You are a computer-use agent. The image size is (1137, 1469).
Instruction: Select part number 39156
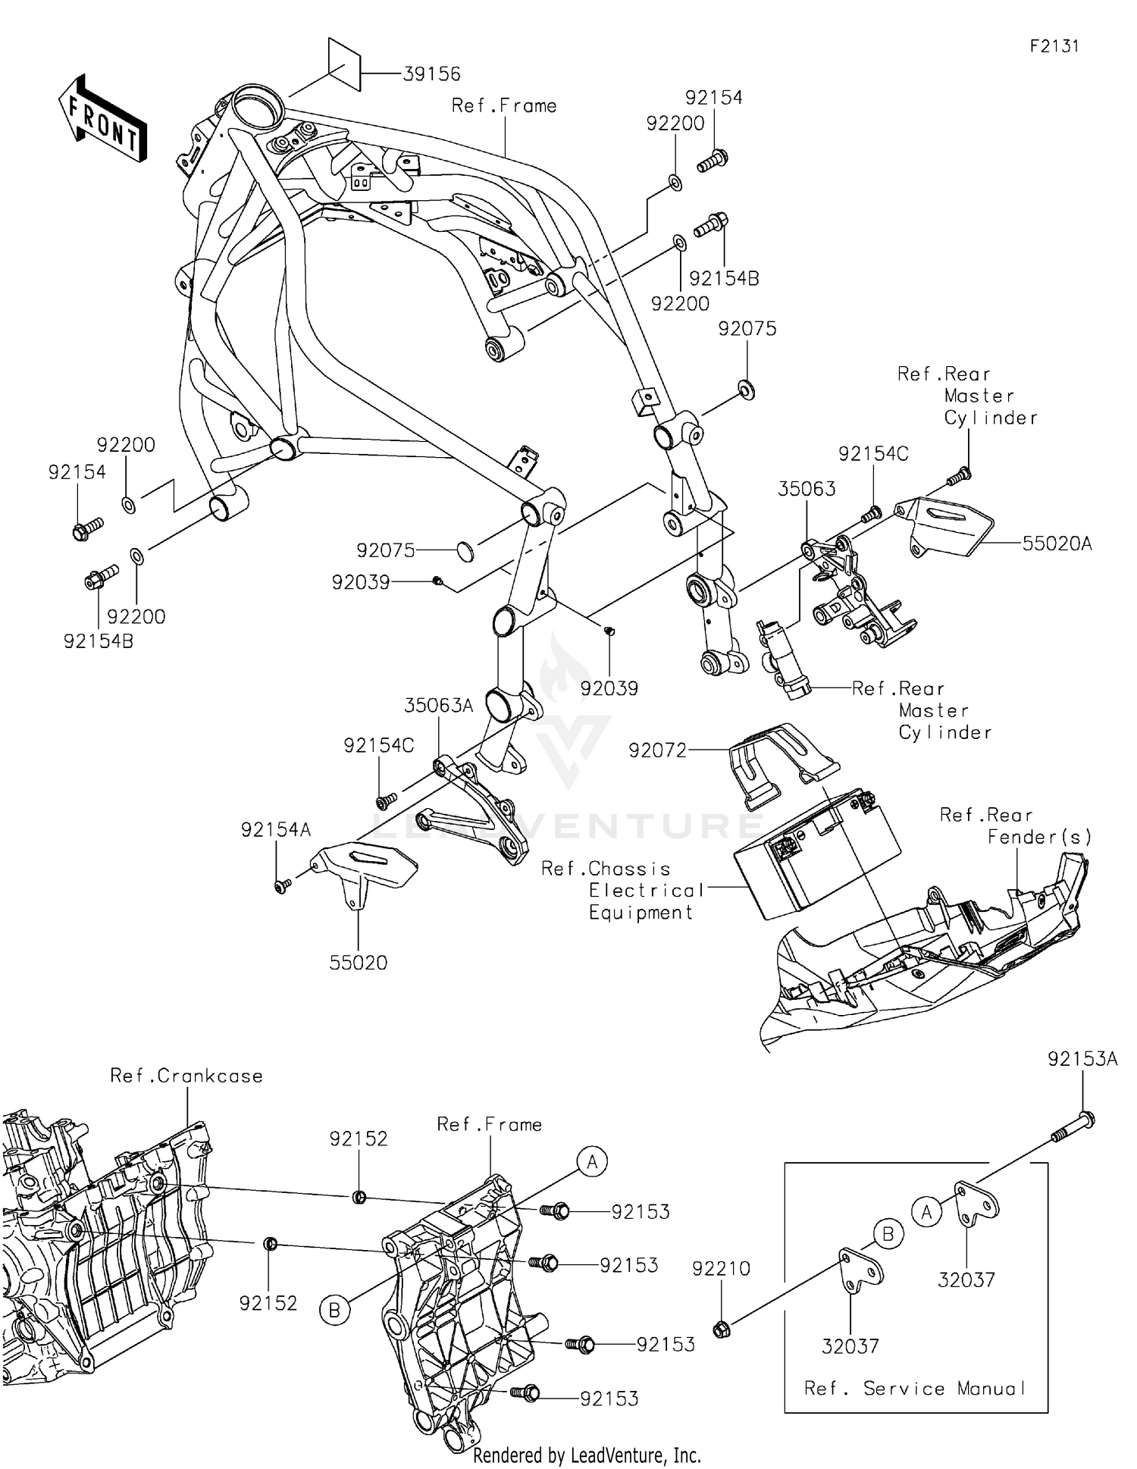coord(431,74)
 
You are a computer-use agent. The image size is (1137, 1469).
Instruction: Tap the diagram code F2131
coord(1054,46)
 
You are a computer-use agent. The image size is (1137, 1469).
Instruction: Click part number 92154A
coord(276,830)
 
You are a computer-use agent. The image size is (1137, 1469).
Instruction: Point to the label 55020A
coord(1057,543)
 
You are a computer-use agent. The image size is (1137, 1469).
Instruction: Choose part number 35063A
coord(438,706)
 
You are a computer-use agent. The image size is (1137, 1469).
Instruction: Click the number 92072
coord(657,750)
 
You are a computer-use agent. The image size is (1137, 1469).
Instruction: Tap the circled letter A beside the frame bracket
coord(592,1161)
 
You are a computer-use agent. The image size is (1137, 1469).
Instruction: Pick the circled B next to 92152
coord(335,1310)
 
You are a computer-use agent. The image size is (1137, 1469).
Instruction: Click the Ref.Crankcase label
coord(186,1076)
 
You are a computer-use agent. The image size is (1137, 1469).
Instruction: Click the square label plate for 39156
coord(343,63)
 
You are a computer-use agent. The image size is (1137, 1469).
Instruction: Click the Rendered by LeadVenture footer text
coord(587,1455)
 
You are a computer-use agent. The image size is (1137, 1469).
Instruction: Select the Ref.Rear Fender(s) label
coord(1016,825)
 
